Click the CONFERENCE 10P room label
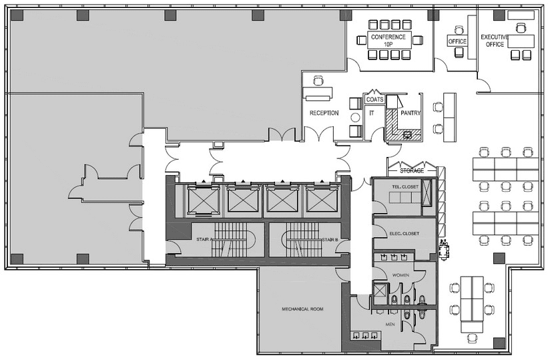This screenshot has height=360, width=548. (388, 40)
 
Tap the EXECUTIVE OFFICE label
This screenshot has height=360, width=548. (495, 41)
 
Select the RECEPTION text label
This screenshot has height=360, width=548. (324, 113)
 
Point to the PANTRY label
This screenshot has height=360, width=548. (410, 113)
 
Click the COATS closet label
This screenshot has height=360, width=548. (374, 100)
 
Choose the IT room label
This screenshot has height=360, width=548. (372, 113)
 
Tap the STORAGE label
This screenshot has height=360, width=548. (412, 171)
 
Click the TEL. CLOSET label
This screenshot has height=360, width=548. (405, 187)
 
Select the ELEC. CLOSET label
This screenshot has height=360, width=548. (404, 233)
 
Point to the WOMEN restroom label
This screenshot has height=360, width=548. (400, 275)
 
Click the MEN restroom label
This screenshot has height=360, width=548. (390, 325)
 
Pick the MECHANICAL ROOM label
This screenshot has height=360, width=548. (302, 309)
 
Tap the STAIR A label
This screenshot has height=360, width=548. (204, 240)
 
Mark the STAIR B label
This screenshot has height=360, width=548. (330, 240)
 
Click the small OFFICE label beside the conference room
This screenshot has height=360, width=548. (457, 41)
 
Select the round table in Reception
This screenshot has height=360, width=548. (355, 118)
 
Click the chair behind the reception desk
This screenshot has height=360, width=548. (318, 81)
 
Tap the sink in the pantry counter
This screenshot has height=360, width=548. (407, 135)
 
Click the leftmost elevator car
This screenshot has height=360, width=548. (203, 200)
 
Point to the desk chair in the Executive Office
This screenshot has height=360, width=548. (521, 27)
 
